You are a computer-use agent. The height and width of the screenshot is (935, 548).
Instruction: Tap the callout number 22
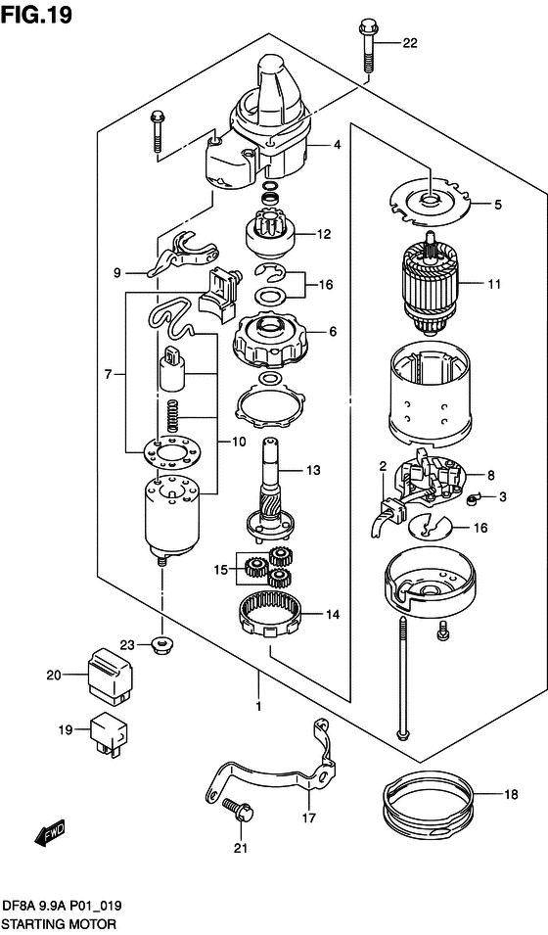click(410, 42)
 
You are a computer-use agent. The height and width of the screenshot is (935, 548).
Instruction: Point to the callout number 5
click(497, 205)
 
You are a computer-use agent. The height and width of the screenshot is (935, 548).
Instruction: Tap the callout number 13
click(314, 471)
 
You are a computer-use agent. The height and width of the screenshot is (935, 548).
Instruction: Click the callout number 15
click(220, 570)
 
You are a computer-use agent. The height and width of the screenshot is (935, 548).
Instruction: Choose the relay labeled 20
click(111, 673)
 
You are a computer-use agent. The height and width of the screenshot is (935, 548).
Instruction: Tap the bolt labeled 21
click(238, 809)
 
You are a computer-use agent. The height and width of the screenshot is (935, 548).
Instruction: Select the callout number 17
click(308, 818)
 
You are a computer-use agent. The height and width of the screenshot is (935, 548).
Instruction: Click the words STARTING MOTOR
click(59, 925)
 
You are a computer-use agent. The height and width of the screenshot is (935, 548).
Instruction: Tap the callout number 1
click(258, 706)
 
